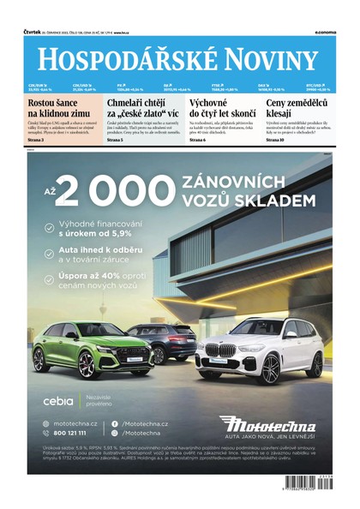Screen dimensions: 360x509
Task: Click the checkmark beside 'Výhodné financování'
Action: [51, 229]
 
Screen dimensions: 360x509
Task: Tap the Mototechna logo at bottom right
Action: [266, 424]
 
